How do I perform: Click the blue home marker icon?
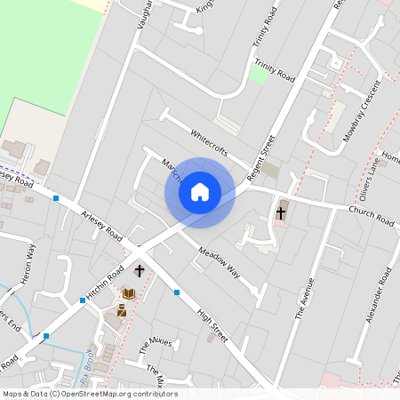[x=200, y=192]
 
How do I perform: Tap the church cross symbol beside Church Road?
[x=281, y=213]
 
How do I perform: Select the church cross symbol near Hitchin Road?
[x=139, y=270]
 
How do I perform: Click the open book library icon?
[x=129, y=293]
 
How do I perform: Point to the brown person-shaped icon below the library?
[x=122, y=310]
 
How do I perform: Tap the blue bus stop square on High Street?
[x=177, y=292]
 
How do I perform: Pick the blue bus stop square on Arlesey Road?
[x=56, y=198]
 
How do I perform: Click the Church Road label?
[x=372, y=215]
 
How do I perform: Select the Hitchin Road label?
[x=103, y=283]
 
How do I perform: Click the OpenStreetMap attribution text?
[x=89, y=394]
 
